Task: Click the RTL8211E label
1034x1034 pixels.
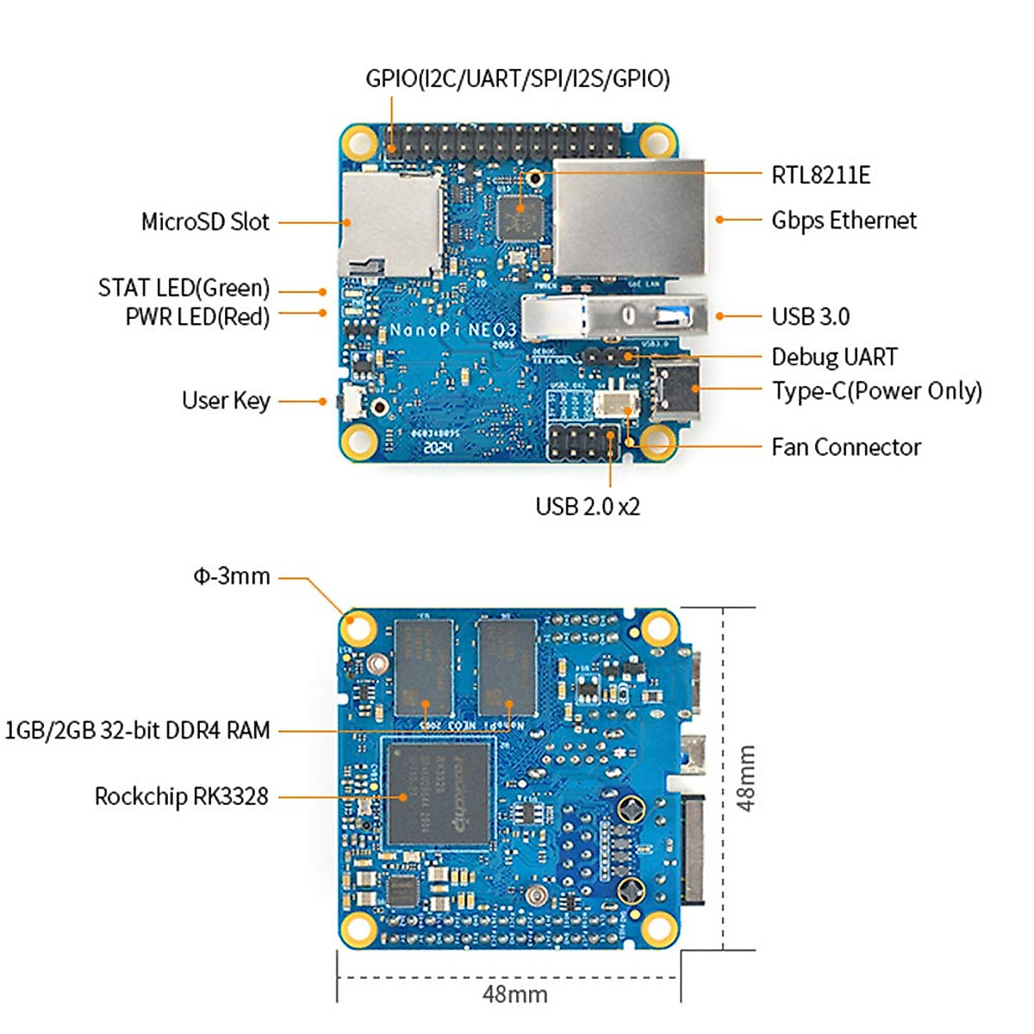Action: tap(820, 175)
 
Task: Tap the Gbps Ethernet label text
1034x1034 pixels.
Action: tap(844, 221)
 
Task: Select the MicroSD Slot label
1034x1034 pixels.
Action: tap(205, 221)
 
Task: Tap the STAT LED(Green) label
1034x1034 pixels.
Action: tap(184, 288)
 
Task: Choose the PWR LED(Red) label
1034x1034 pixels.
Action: tap(197, 316)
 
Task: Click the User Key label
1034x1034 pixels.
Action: tap(226, 401)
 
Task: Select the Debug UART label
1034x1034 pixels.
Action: tap(834, 357)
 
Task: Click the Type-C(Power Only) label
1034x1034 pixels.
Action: tap(876, 390)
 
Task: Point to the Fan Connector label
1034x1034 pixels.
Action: tap(845, 447)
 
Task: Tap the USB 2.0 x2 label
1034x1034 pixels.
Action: tap(588, 506)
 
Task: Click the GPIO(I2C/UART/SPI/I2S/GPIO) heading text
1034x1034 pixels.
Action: tap(517, 78)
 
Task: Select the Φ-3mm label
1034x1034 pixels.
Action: tap(231, 576)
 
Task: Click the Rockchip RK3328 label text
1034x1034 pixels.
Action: tap(181, 796)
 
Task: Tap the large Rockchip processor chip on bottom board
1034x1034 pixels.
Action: tap(439, 793)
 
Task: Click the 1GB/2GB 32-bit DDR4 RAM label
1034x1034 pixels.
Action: tap(137, 731)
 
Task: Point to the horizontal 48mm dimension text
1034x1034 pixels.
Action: tap(514, 994)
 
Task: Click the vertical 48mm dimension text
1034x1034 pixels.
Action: tap(746, 777)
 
